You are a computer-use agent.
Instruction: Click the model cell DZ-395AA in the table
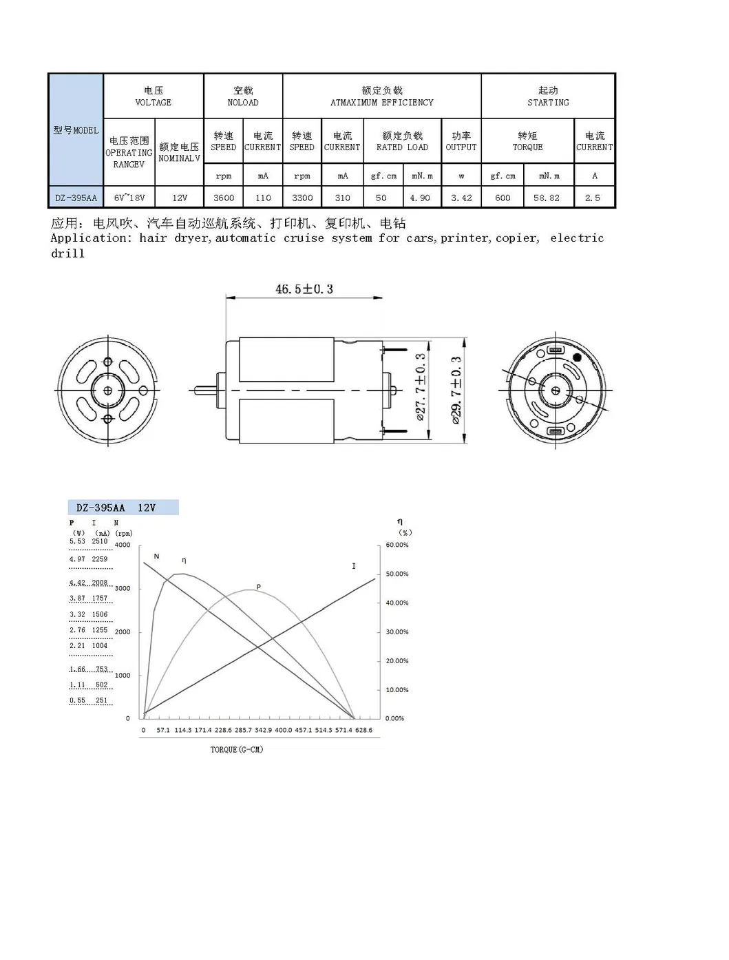pyautogui.click(x=76, y=198)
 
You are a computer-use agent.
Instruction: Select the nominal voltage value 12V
pyautogui.click(x=180, y=198)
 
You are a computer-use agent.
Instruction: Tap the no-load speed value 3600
pyautogui.click(x=224, y=198)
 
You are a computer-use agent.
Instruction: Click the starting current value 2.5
pyautogui.click(x=593, y=198)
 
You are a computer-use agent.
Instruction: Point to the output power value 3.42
pyautogui.click(x=461, y=198)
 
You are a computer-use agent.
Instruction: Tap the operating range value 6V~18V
pyautogui.click(x=129, y=198)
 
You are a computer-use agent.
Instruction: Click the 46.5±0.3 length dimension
pyautogui.click(x=304, y=289)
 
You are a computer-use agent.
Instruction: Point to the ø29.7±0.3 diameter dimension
pyautogui.click(x=456, y=390)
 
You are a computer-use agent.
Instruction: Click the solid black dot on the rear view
pyautogui.click(x=577, y=357)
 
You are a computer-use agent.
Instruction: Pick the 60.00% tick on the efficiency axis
pyautogui.click(x=397, y=545)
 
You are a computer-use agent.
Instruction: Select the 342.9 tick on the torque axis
pyautogui.click(x=263, y=730)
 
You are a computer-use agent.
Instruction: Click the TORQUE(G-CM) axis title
pyautogui.click(x=237, y=749)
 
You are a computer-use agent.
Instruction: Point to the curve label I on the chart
pyautogui.click(x=354, y=566)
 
